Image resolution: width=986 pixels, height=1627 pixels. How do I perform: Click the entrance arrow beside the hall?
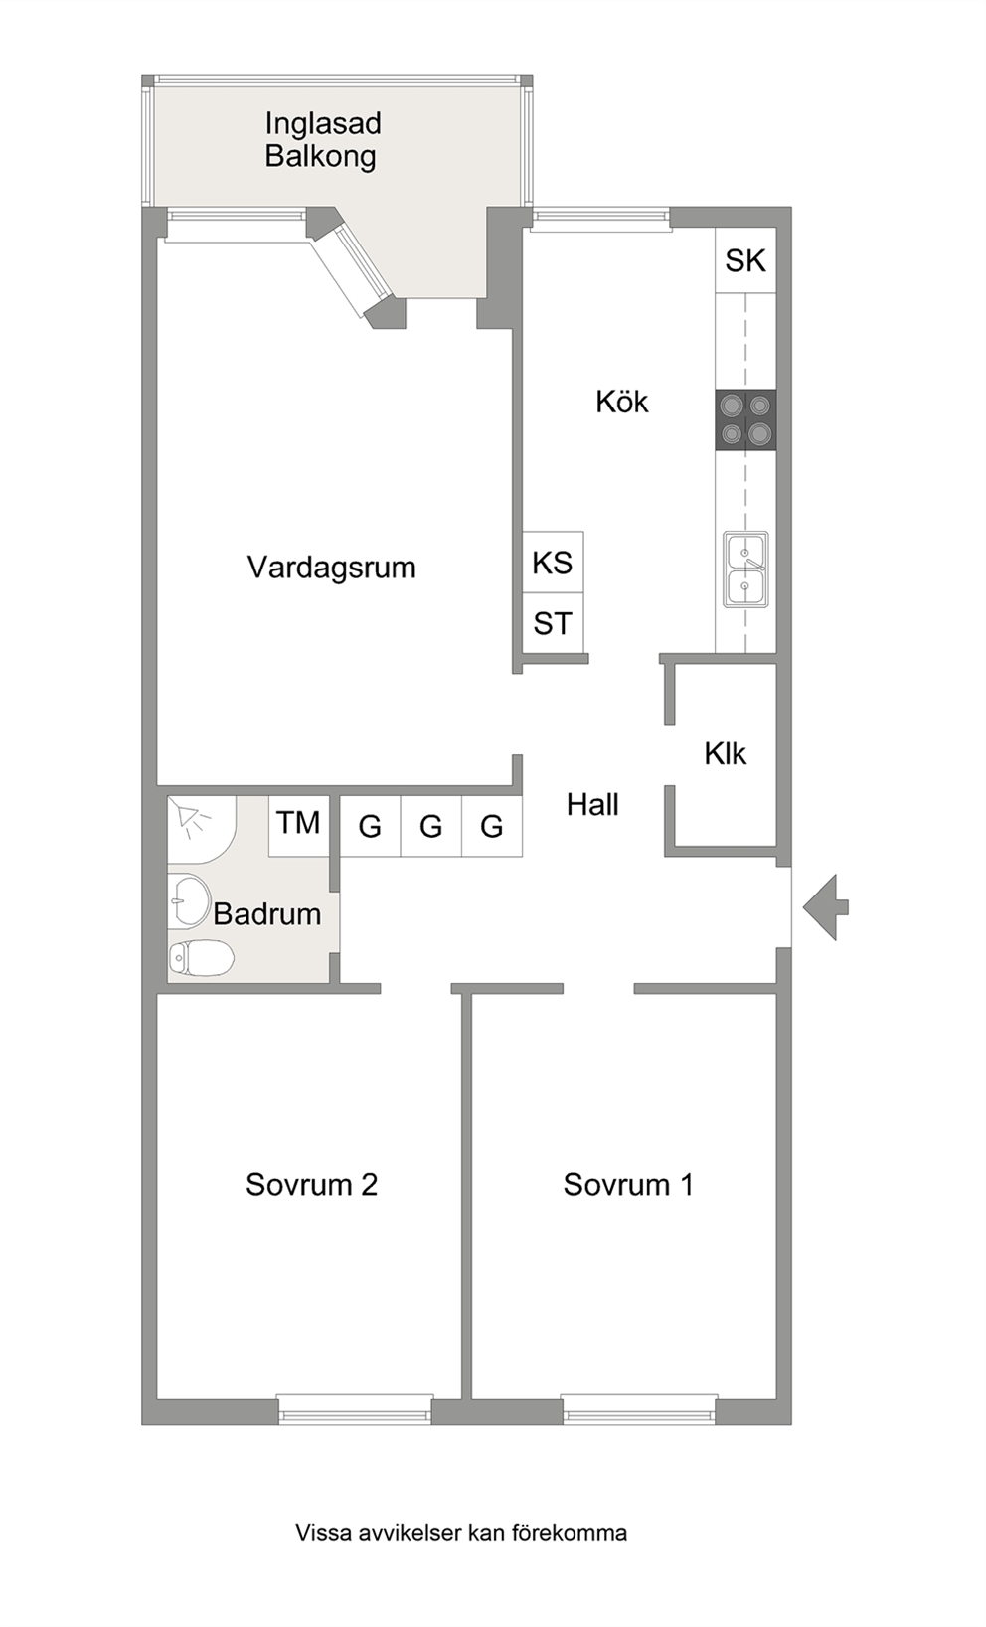825,907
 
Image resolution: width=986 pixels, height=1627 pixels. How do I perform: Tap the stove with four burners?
745,419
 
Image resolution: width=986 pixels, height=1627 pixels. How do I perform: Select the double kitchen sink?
745,569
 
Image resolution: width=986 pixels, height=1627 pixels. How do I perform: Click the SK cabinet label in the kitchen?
745,260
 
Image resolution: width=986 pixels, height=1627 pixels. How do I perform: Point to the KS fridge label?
553,563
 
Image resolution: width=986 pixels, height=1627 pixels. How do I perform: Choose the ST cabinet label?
553,624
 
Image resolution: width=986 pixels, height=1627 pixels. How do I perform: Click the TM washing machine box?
298,826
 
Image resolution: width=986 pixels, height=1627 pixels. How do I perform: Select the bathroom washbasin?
188,901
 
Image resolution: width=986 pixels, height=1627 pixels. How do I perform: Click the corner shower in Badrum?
201,830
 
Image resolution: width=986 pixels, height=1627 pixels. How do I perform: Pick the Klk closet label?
726,754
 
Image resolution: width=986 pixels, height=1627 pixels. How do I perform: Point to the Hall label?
593,805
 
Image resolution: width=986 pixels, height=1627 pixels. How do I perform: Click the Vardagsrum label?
331,568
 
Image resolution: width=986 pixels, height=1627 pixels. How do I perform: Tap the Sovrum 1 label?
628,1185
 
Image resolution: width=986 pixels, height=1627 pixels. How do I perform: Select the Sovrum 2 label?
312,1185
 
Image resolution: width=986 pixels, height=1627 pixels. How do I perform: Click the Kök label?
622,402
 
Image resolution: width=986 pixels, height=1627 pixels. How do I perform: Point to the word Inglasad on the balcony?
323,124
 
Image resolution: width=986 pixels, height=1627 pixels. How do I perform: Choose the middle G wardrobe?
430,826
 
